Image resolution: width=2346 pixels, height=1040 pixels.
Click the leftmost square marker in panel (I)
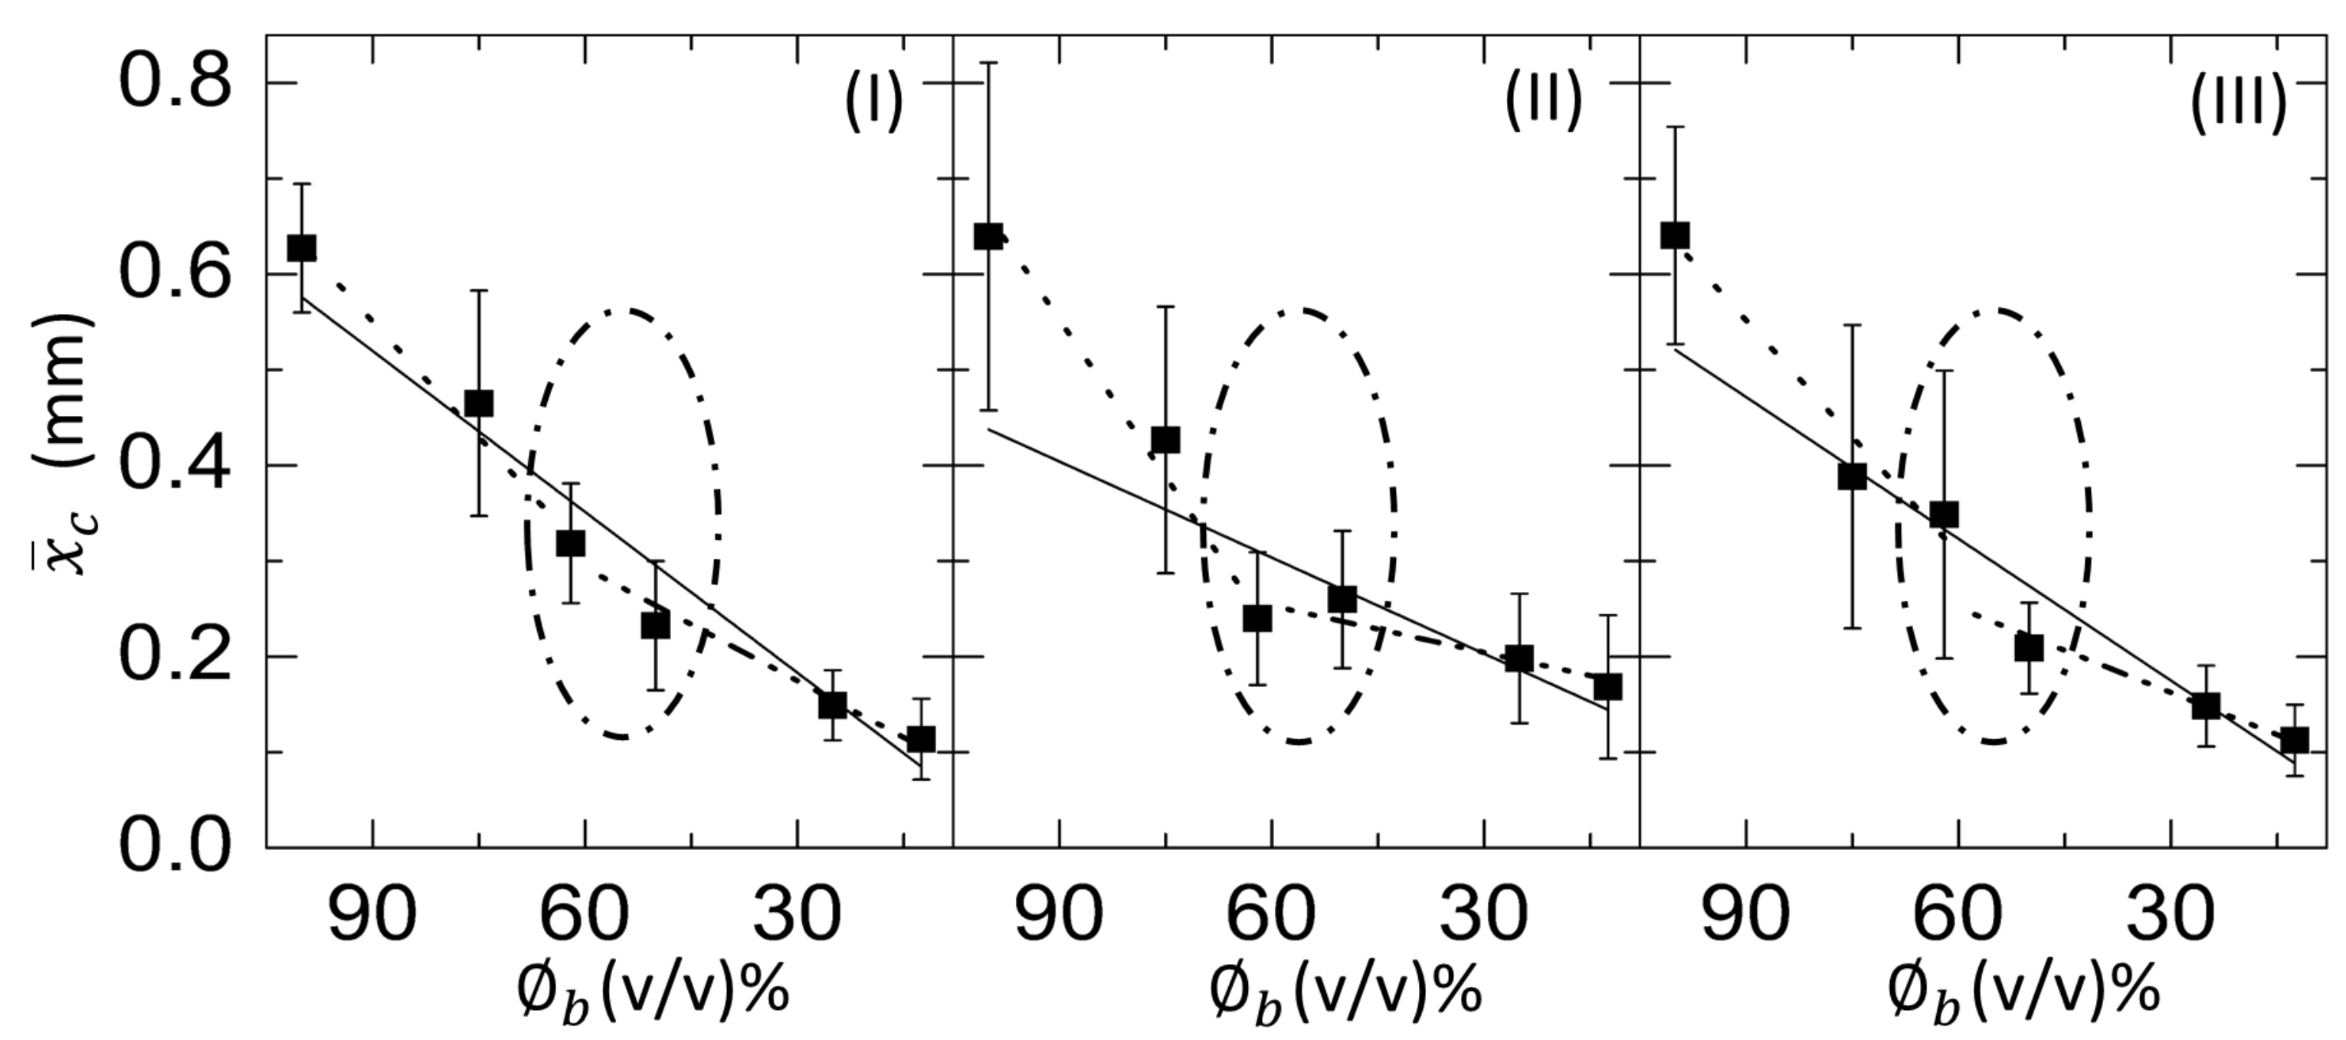coord(301,247)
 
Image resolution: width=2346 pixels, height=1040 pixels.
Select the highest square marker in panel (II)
coord(988,237)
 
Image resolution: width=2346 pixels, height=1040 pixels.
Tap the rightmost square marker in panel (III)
coord(2294,740)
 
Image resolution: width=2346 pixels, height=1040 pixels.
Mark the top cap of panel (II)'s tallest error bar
coord(988,63)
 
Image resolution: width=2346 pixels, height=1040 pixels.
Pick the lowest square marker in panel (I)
coord(921,738)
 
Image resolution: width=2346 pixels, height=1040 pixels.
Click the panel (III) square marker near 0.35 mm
coord(1945,515)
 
